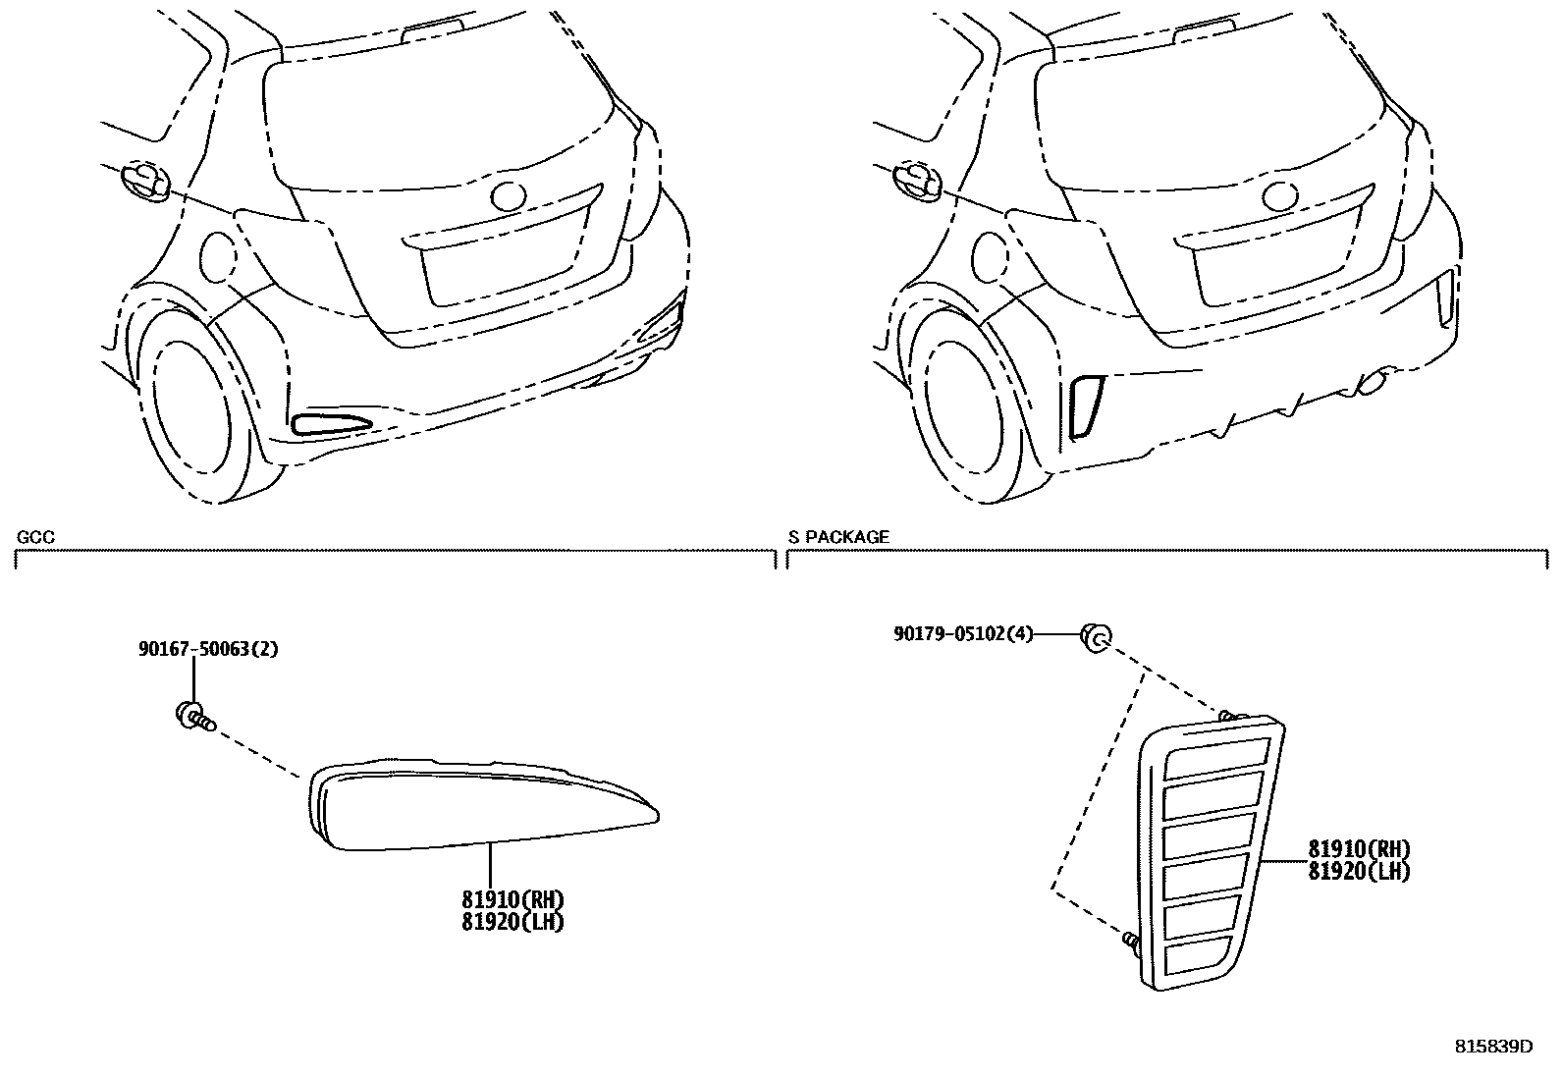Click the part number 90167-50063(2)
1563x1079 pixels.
click(x=207, y=649)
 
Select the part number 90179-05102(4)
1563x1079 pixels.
click(x=963, y=634)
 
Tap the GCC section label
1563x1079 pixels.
click(x=35, y=537)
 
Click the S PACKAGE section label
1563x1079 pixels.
click(x=838, y=537)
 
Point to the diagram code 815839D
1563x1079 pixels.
click(x=1493, y=1047)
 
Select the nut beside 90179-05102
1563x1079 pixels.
click(x=1095, y=637)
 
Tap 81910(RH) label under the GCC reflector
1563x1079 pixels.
click(x=512, y=900)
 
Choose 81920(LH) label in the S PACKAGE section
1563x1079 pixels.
click(x=1359, y=871)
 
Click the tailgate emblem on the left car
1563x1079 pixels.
click(x=512, y=194)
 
